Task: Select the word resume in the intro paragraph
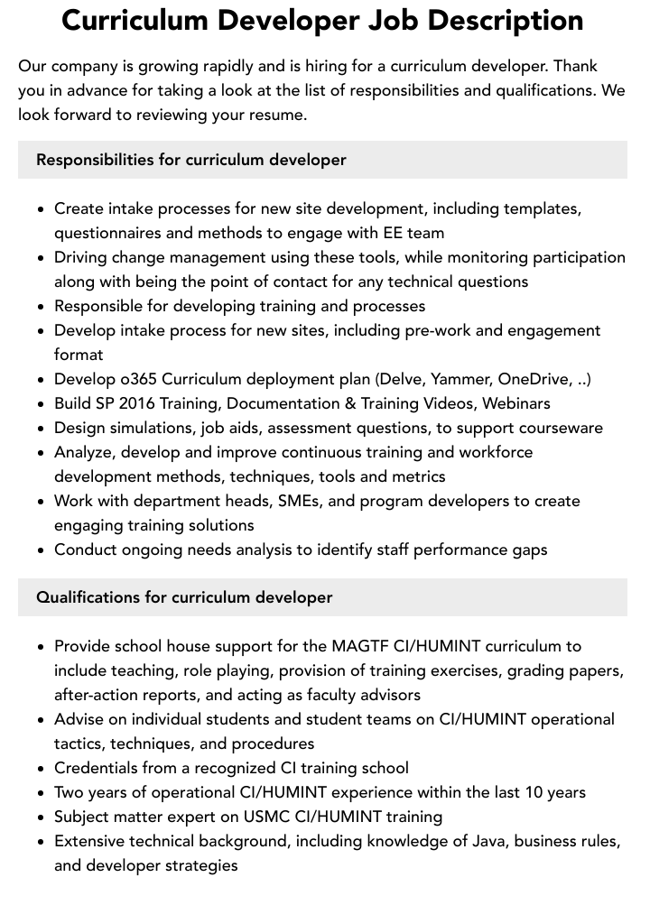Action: click(279, 115)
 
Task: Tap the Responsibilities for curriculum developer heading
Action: click(190, 160)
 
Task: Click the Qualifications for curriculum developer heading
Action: click(184, 597)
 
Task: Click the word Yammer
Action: click(458, 379)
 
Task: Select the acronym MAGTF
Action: click(360, 646)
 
